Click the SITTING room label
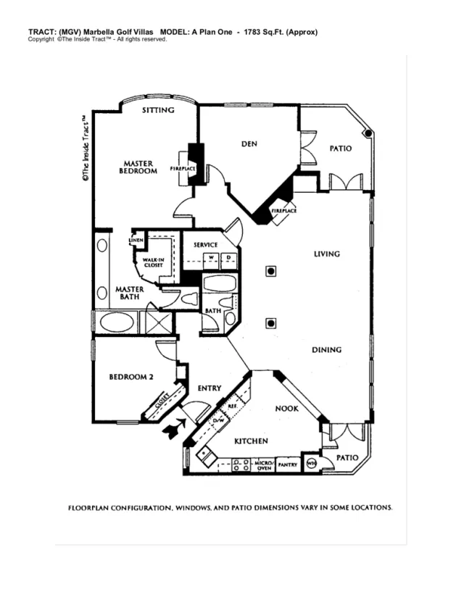(158, 110)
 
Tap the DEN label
(249, 143)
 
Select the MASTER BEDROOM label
(137, 167)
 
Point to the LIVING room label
(326, 254)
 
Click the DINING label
(326, 350)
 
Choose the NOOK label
(287, 409)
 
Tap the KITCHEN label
(251, 441)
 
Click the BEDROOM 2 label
(131, 377)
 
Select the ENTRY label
(210, 388)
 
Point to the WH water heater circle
(312, 464)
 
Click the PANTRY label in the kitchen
(287, 464)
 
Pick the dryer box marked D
(228, 257)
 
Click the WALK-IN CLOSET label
(153, 262)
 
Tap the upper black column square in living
(270, 272)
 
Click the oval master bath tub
(115, 320)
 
